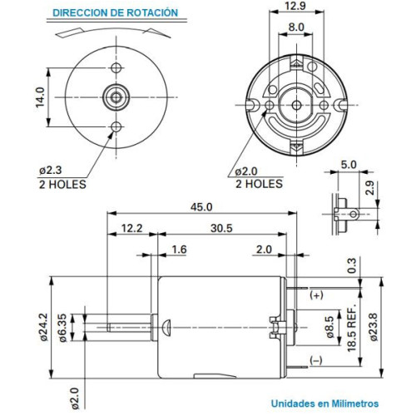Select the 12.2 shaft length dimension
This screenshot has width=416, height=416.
[131, 228]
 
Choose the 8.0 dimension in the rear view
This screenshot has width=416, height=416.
[295, 27]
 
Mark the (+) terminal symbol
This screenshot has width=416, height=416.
[317, 295]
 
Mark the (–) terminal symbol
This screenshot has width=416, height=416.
[317, 360]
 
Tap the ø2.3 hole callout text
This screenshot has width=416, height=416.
[73, 172]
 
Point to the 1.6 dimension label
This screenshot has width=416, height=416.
[179, 250]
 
